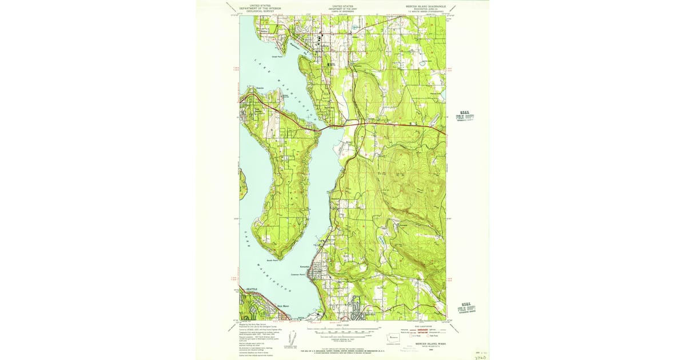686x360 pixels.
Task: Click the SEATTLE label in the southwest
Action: [252, 290]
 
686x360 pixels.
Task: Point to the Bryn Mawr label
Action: [283, 306]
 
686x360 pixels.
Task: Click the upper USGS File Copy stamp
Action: [465, 116]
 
